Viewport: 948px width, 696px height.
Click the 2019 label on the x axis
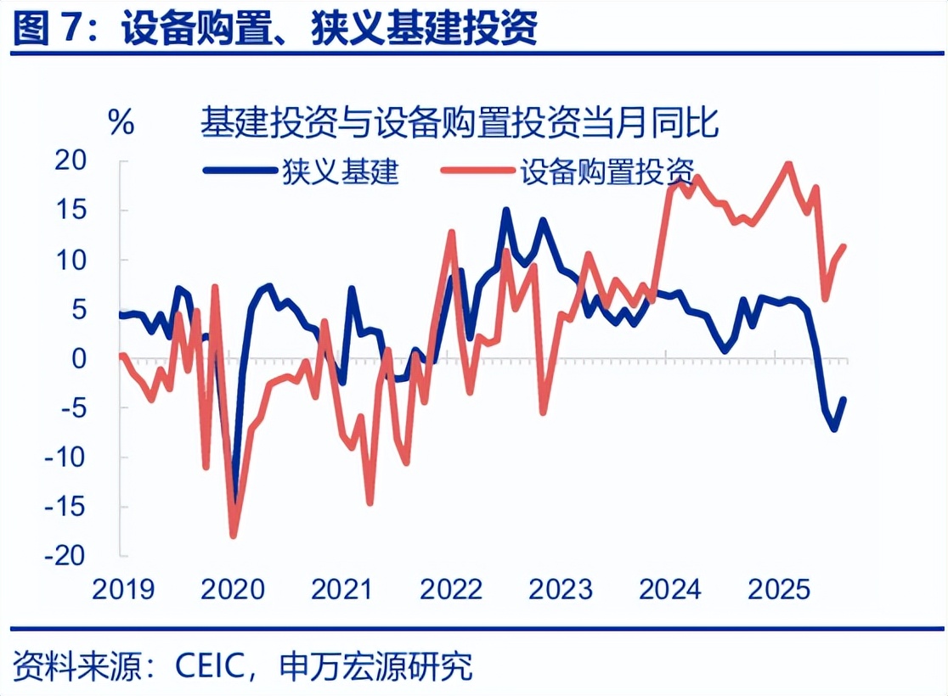pyautogui.click(x=123, y=589)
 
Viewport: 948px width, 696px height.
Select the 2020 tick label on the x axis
pyautogui.click(x=233, y=589)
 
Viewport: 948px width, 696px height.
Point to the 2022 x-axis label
pyautogui.click(x=451, y=589)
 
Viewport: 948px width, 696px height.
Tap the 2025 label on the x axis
pyautogui.click(x=780, y=589)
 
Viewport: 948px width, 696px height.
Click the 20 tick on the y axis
pyautogui.click(x=94, y=160)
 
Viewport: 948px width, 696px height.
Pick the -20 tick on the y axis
pyautogui.click(x=89, y=555)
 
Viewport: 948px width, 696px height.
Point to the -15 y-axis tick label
pyautogui.click(x=89, y=506)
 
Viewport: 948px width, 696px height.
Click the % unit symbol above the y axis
pyautogui.click(x=121, y=123)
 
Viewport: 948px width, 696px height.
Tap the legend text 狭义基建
pyautogui.click(x=341, y=171)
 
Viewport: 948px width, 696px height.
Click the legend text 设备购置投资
pyautogui.click(x=607, y=171)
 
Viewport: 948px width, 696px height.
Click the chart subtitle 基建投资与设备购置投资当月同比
pyautogui.click(x=460, y=124)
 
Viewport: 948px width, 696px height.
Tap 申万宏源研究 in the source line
pyautogui.click(x=375, y=665)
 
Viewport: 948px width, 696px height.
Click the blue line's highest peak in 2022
pyautogui.click(x=506, y=209)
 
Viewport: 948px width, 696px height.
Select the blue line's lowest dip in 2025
pyautogui.click(x=834, y=429)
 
